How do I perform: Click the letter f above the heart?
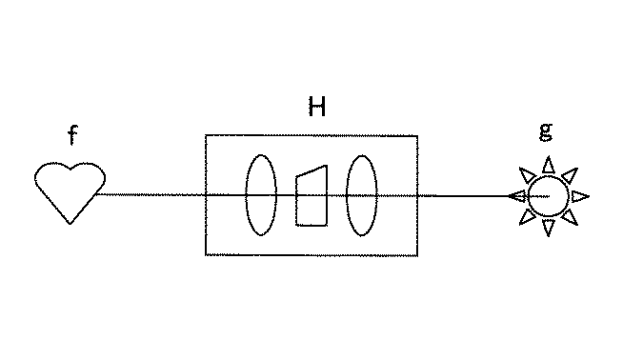[72, 136]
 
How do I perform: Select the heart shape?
[70, 190]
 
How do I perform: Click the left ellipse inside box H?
[261, 195]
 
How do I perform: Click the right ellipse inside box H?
[361, 195]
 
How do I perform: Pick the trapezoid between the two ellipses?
[311, 197]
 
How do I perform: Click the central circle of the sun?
[550, 196]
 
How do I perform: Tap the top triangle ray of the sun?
[549, 165]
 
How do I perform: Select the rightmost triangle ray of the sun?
[580, 196]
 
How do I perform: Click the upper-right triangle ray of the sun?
[571, 174]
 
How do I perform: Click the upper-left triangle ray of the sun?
[527, 174]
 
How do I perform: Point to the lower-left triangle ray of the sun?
[527, 218]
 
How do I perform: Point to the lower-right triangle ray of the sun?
[571, 218]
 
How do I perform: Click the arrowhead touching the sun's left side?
[517, 196]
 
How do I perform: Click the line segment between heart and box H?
[152, 194]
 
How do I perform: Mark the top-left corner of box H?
[206, 136]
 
